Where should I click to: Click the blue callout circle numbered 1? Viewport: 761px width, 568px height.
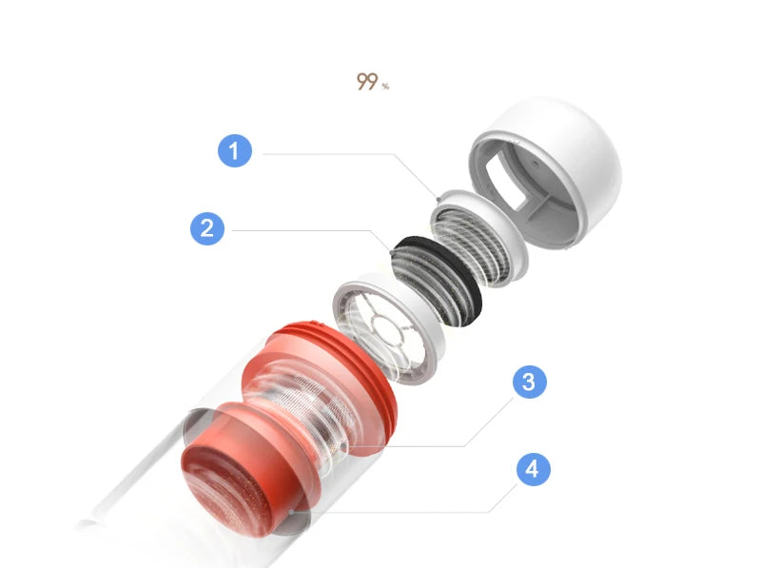point(235,150)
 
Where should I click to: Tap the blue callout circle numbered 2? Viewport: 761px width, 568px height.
point(207,228)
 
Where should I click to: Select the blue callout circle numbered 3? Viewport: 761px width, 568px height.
point(529,382)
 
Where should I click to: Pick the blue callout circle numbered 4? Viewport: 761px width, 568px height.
point(534,470)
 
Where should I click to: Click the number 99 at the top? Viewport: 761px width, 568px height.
point(367,83)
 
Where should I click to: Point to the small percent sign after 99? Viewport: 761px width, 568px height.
point(385,87)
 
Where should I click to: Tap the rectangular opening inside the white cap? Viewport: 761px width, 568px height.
point(505,182)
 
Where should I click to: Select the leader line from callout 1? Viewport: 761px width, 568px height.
point(333,153)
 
